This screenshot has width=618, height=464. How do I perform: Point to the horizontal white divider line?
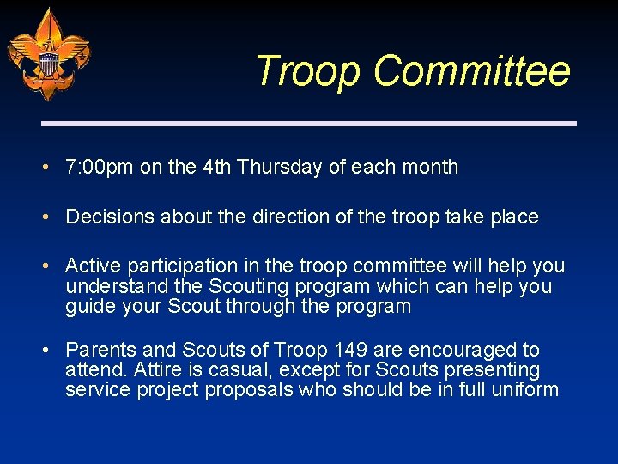[309, 124]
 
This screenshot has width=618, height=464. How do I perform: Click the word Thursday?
[280, 167]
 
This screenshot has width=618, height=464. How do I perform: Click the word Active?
[90, 266]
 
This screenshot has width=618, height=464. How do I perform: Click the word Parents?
[98, 350]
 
